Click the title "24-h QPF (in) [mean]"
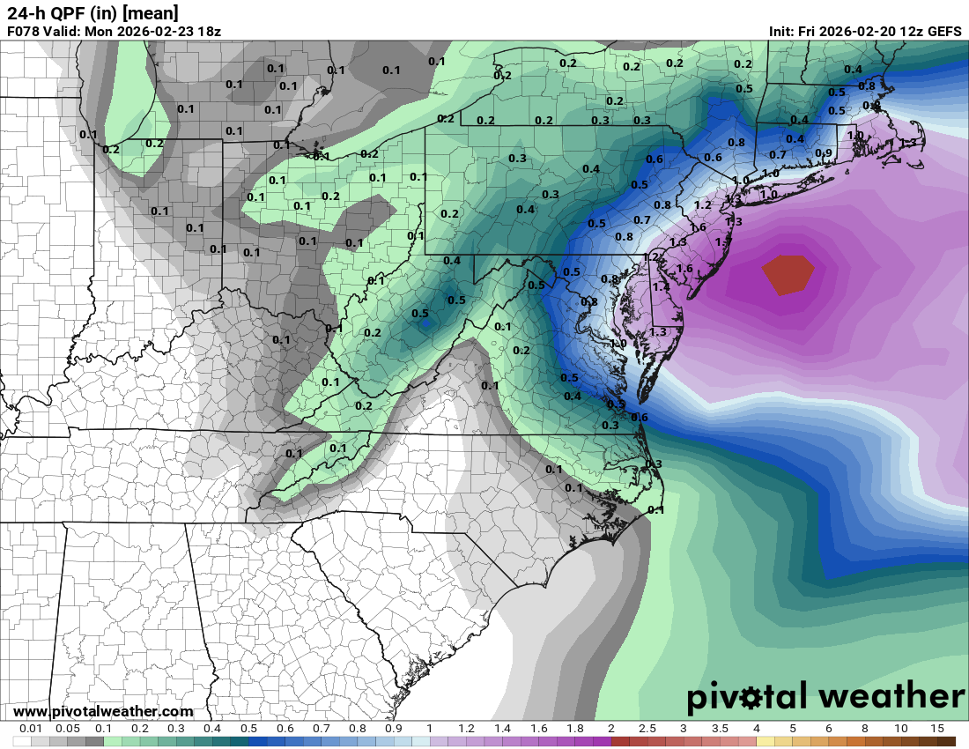92,12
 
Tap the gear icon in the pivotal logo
752,699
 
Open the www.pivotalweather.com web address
104,712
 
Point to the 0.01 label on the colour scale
32,729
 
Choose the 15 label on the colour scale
936,729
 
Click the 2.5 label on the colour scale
647,729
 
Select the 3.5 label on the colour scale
720,729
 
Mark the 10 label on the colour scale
900,729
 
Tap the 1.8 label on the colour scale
574,729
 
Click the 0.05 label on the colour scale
68,729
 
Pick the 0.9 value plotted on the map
824,153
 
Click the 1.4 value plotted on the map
662,287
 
